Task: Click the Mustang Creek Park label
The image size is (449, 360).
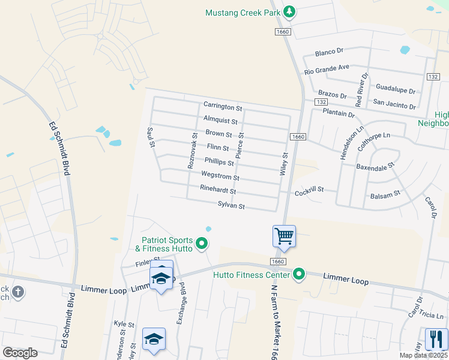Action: tap(243, 12)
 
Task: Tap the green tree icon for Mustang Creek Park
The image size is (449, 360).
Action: tap(289, 11)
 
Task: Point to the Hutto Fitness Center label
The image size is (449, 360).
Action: tap(252, 275)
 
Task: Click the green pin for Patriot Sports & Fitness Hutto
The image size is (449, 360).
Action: tap(202, 244)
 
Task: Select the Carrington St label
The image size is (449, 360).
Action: tap(222, 107)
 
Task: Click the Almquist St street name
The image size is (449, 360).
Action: tap(221, 119)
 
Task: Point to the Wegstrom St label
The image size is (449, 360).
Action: tap(220, 178)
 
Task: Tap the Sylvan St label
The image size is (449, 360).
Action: tap(231, 206)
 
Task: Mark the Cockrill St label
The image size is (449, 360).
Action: tap(309, 190)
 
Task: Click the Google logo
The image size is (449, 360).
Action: tap(20, 353)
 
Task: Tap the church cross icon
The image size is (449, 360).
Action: tap(19, 292)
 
